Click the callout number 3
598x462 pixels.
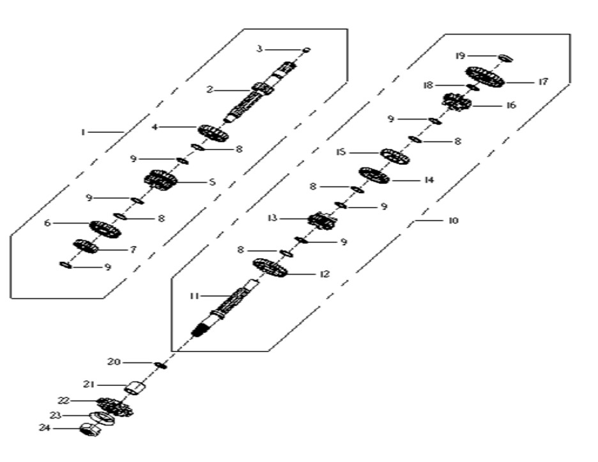tap(259, 49)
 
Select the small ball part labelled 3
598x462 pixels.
tap(306, 50)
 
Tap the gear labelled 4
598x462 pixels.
tap(213, 133)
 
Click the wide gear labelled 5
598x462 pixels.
tap(161, 180)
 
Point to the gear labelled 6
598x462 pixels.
tap(105, 229)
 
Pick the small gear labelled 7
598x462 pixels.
tap(86, 246)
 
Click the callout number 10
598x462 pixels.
tap(453, 220)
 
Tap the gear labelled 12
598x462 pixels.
tap(270, 268)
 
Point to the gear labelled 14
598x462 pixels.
tap(374, 175)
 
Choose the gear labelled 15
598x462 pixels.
tap(395, 157)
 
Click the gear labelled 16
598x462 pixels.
tap(457, 102)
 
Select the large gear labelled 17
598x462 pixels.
tap(485, 76)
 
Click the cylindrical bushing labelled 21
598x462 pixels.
tap(135, 388)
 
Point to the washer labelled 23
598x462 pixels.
tap(102, 418)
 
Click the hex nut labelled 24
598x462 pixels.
tap(90, 429)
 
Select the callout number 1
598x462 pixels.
tap(83, 132)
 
